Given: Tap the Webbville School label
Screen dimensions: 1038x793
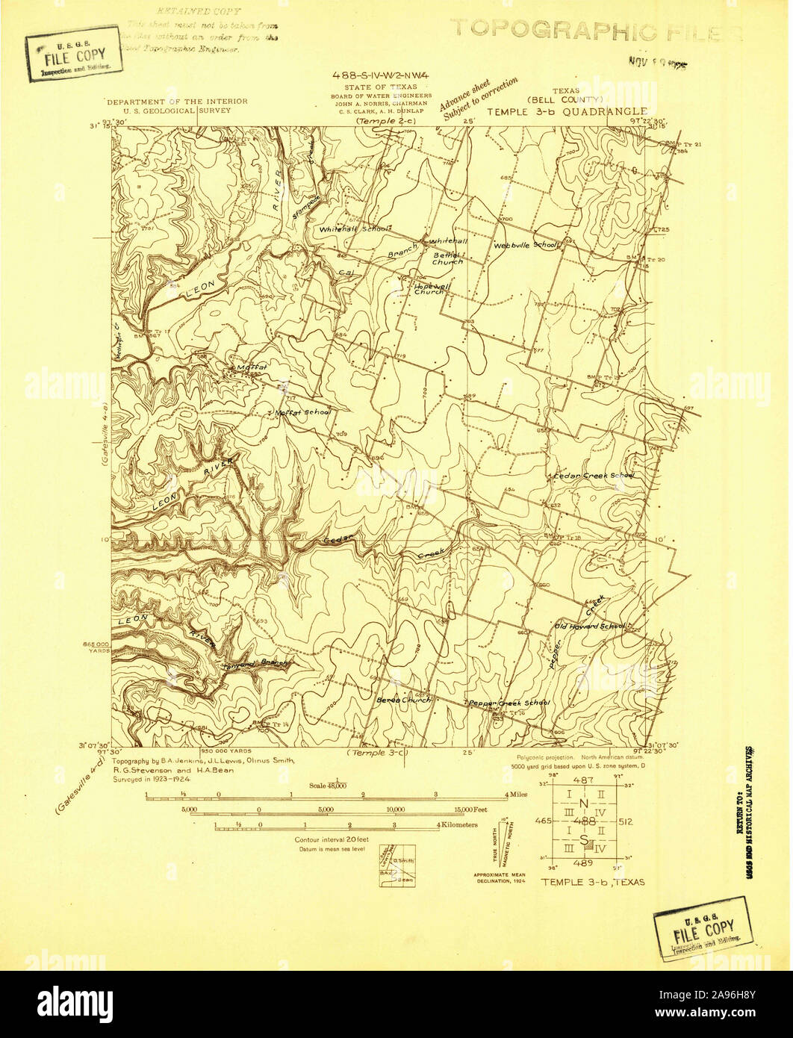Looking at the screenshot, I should coord(526,245).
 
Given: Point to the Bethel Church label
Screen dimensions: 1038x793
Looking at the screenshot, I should coord(448,258).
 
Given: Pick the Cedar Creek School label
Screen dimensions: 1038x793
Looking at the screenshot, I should coord(594,476).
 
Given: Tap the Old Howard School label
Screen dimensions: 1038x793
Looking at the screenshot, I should coord(590,626).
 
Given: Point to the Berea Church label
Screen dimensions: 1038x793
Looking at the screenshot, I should coord(404,700).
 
